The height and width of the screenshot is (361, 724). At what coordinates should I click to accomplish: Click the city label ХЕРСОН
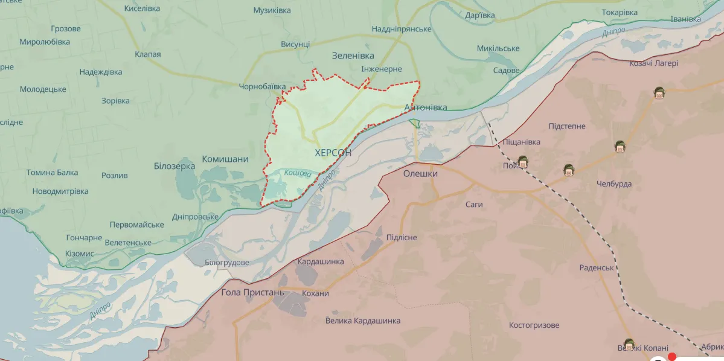[333, 153]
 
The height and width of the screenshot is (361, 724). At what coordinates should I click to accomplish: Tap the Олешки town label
[420, 173]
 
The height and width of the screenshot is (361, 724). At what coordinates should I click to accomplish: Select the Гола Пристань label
[252, 293]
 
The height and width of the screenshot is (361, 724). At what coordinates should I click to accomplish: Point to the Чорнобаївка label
[262, 87]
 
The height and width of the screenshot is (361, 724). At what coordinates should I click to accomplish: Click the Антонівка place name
[425, 107]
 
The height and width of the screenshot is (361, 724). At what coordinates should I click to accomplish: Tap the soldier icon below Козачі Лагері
[659, 92]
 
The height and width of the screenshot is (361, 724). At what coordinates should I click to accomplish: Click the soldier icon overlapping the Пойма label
[522, 161]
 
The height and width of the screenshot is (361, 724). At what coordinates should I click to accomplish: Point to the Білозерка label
[175, 165]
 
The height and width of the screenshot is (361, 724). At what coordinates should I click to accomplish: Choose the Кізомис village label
[80, 254]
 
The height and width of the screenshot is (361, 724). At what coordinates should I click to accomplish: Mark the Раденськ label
[597, 267]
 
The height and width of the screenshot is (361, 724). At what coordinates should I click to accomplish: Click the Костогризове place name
[534, 325]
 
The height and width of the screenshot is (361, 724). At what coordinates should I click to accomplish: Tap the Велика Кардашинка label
[362, 321]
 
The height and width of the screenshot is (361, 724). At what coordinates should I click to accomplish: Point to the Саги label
[474, 205]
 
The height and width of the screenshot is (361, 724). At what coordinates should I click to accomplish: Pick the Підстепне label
[566, 126]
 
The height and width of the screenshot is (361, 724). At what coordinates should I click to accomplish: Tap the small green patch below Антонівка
[414, 123]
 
